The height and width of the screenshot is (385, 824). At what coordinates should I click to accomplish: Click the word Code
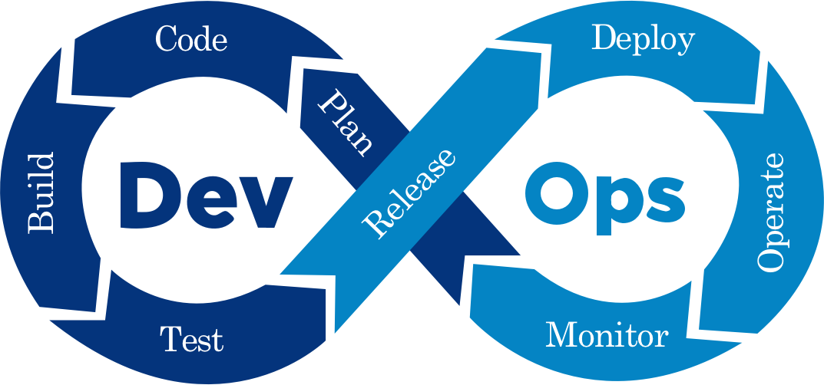191,39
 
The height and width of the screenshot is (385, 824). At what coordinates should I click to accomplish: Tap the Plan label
346,123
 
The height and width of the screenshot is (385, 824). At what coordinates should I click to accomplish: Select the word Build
42,192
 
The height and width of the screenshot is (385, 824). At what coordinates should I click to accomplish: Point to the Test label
191,338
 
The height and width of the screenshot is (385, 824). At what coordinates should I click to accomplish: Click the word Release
409,192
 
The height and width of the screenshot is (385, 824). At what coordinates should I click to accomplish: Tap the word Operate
770,212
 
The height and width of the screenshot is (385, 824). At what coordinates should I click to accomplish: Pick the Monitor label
607,335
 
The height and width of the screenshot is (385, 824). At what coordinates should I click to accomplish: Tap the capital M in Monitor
560,334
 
